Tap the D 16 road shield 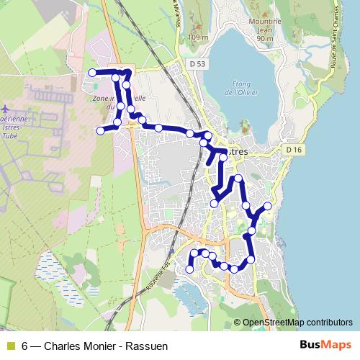pos(292,149)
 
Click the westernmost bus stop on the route pos(92,73)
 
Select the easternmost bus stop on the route pos(268,207)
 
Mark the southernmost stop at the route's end pos(190,269)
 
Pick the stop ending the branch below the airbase pos(100,130)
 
